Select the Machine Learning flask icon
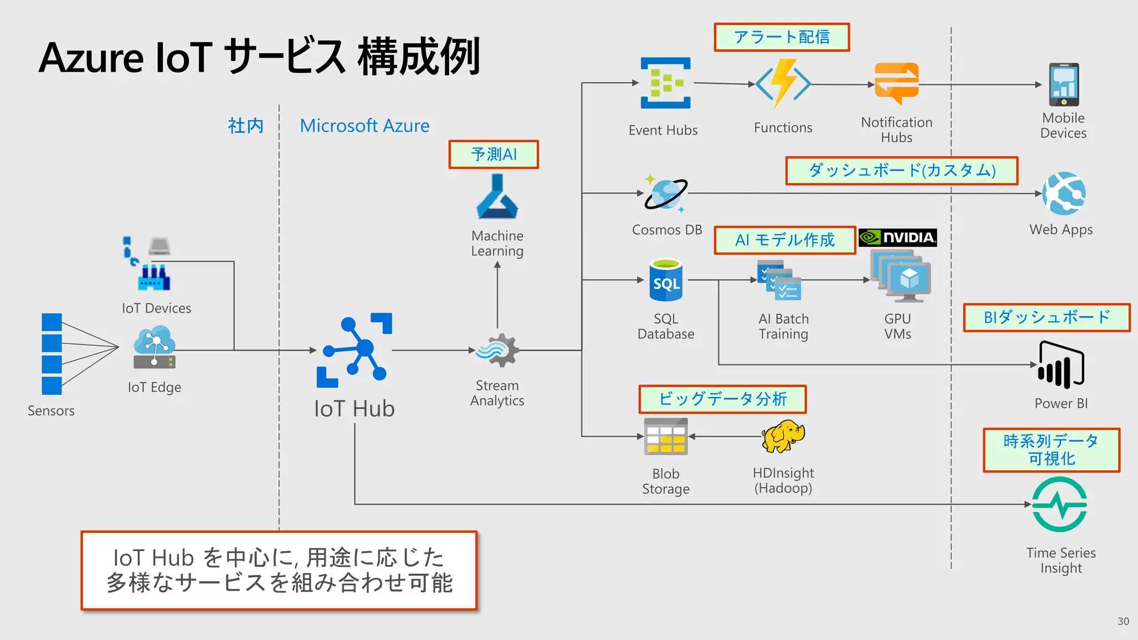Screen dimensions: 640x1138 (x=497, y=198)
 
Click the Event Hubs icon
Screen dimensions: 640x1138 (x=665, y=83)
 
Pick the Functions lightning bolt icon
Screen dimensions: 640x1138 (x=783, y=84)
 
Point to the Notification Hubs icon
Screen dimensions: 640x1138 (x=896, y=83)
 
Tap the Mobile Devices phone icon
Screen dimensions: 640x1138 (x=1064, y=84)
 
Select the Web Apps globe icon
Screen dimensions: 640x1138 (x=1064, y=193)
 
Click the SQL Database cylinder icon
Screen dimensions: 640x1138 (x=666, y=281)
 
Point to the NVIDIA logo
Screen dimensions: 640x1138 (x=897, y=238)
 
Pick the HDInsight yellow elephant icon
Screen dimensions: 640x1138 (x=783, y=436)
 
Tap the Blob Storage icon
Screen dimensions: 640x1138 (x=666, y=437)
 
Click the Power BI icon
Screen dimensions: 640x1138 (x=1061, y=365)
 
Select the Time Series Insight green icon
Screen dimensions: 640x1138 (x=1060, y=504)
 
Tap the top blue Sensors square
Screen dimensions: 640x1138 (x=52, y=322)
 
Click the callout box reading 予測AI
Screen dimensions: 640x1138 (x=493, y=154)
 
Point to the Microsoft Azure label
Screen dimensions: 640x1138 (x=365, y=126)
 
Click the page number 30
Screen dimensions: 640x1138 (x=1123, y=621)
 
